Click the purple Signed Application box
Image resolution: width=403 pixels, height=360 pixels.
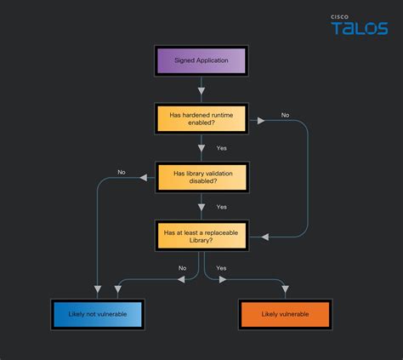click(x=201, y=61)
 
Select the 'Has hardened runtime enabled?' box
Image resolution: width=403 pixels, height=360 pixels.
click(x=201, y=119)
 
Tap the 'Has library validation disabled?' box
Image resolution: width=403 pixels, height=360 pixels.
click(x=201, y=177)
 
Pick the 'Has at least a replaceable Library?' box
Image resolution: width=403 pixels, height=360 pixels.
click(x=201, y=235)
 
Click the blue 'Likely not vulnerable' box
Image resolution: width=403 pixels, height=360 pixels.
click(x=96, y=314)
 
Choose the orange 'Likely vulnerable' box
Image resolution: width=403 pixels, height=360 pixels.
click(x=286, y=314)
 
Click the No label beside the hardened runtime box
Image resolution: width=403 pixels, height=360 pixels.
click(x=285, y=115)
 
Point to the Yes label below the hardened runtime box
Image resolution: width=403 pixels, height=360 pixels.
click(x=221, y=148)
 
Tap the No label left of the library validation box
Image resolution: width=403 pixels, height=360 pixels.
click(x=122, y=173)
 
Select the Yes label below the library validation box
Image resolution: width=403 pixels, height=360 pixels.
click(x=221, y=206)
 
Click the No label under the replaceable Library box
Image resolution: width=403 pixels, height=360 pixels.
click(x=182, y=268)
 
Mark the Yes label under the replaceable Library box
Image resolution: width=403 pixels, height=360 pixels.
click(x=221, y=268)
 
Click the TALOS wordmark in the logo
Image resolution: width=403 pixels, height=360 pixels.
click(x=359, y=29)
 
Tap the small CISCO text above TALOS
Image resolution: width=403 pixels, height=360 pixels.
click(x=340, y=16)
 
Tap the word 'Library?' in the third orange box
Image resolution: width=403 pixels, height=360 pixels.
click(x=201, y=240)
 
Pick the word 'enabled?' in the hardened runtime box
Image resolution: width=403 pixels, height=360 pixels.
click(x=201, y=124)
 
